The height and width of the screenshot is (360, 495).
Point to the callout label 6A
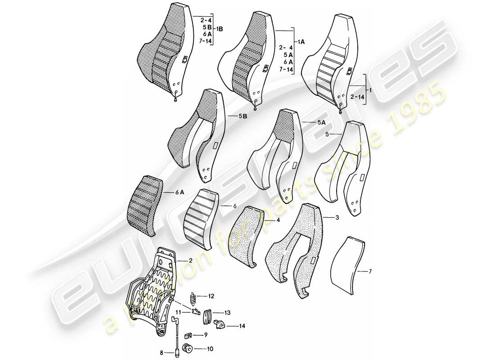pyautogui.click(x=180, y=192)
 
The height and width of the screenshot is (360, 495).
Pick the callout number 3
pyautogui.click(x=337, y=218)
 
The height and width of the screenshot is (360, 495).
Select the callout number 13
pyautogui.click(x=228, y=312)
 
